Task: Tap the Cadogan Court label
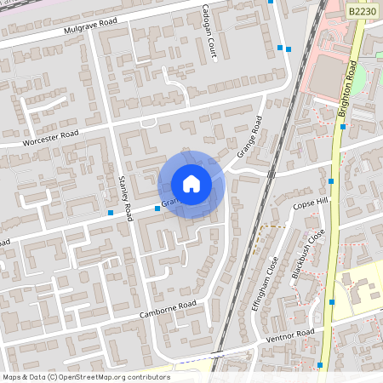click(x=214, y=31)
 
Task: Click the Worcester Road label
click(x=51, y=136)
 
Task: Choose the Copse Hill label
click(x=309, y=205)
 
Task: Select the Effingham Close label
click(x=266, y=283)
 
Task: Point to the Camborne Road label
click(x=169, y=310)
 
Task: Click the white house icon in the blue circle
click(x=191, y=184)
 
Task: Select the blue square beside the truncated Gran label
click(x=157, y=207)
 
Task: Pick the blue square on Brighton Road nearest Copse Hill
click(x=331, y=181)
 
